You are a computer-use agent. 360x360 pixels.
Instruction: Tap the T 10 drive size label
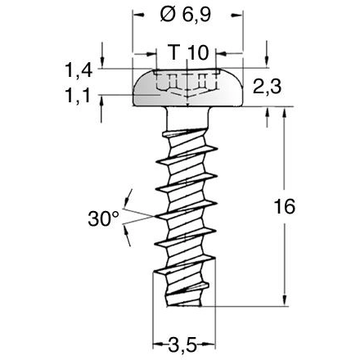click(x=187, y=53)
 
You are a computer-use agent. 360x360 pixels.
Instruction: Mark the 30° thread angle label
click(x=103, y=218)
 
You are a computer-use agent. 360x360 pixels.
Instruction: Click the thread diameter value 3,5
click(x=187, y=344)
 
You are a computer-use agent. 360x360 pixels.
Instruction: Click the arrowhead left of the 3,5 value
click(x=160, y=343)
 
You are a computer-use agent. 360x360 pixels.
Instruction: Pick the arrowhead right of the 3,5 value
click(x=214, y=343)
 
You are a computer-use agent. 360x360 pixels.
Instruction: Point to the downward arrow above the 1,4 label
click(x=102, y=62)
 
